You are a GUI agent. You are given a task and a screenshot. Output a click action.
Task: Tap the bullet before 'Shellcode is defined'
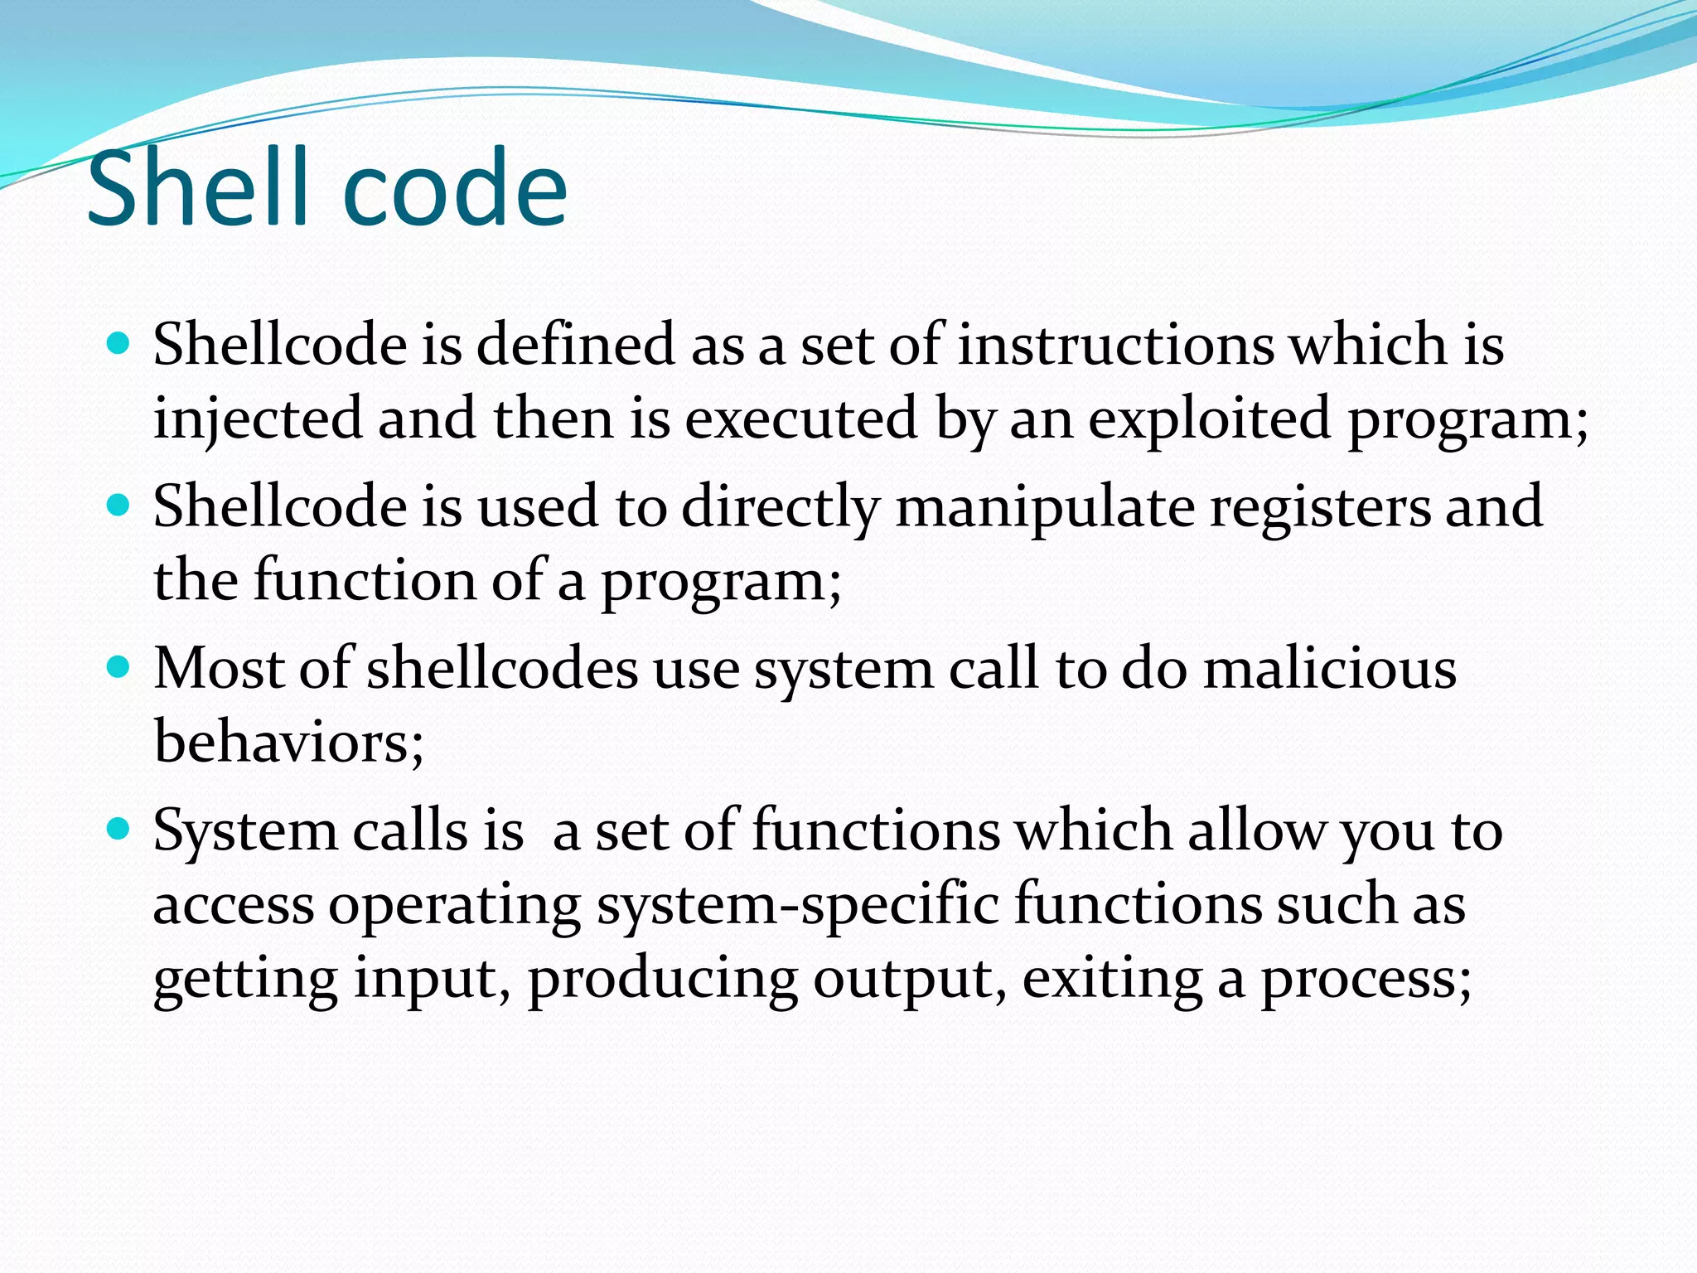119,343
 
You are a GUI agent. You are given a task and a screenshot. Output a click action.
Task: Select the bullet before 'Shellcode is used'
119,505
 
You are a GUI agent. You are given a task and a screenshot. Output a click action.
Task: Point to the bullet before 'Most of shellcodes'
119,667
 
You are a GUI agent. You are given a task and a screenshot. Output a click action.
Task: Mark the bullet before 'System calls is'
119,829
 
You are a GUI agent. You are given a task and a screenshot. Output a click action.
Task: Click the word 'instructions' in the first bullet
1115,345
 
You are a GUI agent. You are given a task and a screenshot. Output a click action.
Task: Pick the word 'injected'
258,419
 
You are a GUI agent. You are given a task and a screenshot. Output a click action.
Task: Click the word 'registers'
1319,507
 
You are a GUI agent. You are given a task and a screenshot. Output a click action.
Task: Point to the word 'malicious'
1329,669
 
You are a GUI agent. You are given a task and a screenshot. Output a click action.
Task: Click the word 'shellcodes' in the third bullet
502,669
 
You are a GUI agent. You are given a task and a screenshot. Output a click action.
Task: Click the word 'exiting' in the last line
1111,979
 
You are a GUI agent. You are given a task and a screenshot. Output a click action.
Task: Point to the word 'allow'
1256,830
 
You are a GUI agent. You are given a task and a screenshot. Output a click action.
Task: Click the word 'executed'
800,419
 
